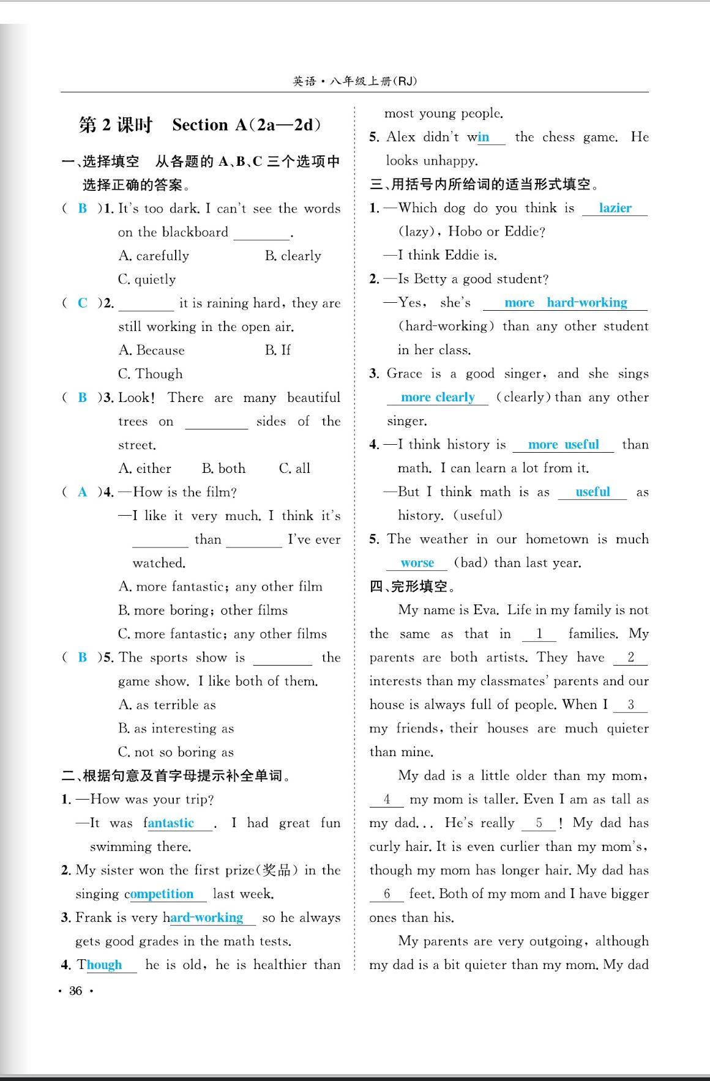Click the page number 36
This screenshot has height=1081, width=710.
click(x=76, y=990)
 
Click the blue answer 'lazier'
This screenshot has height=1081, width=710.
click(x=615, y=208)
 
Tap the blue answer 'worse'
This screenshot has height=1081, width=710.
click(x=417, y=563)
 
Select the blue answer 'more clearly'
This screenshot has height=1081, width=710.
click(x=438, y=398)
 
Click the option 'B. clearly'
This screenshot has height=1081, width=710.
click(x=293, y=256)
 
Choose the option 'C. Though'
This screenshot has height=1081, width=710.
click(x=150, y=374)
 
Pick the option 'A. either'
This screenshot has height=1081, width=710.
click(x=145, y=469)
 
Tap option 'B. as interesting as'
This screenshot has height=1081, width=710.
click(x=176, y=729)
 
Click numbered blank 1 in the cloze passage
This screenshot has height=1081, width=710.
click(x=539, y=634)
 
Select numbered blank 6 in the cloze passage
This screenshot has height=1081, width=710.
click(x=387, y=894)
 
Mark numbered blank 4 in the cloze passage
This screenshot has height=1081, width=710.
click(x=387, y=800)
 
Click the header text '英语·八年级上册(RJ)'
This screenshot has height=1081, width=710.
click(x=354, y=81)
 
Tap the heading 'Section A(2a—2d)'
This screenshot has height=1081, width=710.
click(x=247, y=125)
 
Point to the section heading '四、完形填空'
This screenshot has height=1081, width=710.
click(x=412, y=587)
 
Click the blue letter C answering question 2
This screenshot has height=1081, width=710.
click(x=83, y=303)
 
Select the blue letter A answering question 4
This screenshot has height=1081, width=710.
click(x=83, y=492)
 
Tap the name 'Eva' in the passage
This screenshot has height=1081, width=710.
click(x=485, y=610)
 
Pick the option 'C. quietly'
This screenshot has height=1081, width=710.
click(x=147, y=280)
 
